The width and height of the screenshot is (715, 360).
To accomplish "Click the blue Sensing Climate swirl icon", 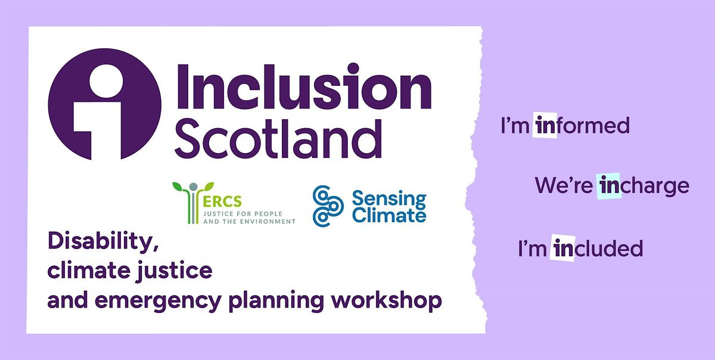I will tap(328, 206).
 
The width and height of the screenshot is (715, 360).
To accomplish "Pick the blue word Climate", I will tap(389, 215).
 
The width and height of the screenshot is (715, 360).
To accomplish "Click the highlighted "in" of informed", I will tap(545, 126).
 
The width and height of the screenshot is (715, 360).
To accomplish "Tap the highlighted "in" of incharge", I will tap(610, 186).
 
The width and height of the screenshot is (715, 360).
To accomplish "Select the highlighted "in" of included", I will tap(563, 248).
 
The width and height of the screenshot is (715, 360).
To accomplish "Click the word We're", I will tap(565, 186).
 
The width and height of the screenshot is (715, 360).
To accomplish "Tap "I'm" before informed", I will tap(515, 126).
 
